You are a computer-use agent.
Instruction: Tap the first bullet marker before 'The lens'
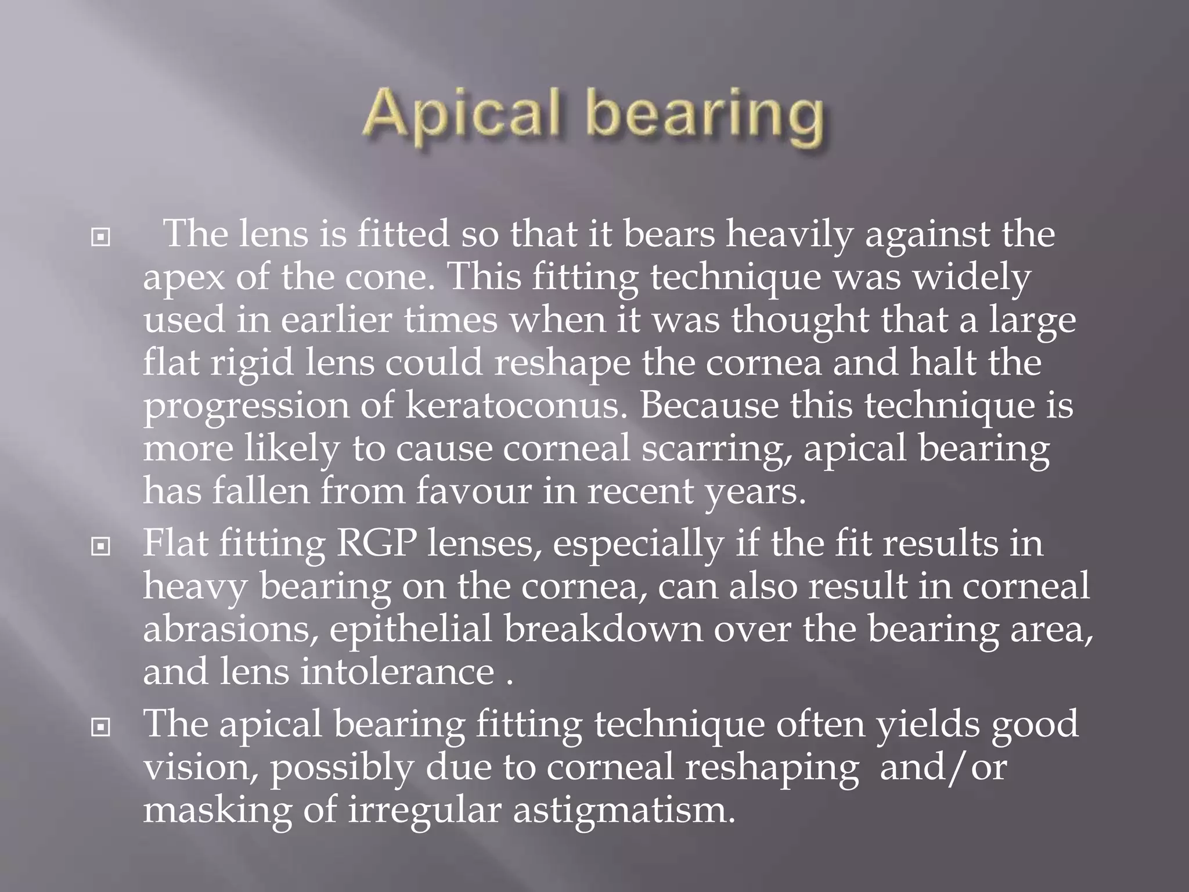tap(101, 238)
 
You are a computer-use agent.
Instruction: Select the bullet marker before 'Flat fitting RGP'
tap(101, 546)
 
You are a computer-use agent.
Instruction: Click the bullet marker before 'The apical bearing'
tap(101, 726)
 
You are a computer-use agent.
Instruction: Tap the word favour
tap(473, 491)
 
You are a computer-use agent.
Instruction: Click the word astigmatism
tap(624, 810)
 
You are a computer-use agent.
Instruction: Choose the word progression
tap(246, 406)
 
